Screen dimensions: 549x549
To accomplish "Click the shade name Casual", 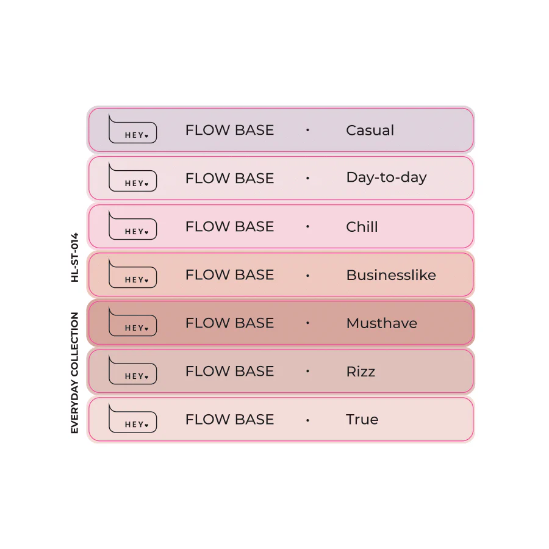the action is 370,131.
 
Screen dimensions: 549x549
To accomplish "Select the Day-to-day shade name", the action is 387,178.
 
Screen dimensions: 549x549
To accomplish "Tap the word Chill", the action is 362,226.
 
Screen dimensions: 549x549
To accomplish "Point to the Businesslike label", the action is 391,275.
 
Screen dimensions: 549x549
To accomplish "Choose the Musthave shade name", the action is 382,323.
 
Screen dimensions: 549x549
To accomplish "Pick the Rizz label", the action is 361,371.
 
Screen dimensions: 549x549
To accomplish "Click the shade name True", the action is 362,420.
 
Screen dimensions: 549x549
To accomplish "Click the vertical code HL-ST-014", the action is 74,257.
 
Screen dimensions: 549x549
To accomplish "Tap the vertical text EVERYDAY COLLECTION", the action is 74,373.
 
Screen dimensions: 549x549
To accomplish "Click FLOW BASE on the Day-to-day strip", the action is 230,178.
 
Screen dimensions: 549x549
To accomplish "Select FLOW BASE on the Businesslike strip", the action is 230,275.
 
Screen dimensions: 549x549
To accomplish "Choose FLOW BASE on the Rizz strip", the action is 230,371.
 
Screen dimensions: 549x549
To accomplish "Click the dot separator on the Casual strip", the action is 308,130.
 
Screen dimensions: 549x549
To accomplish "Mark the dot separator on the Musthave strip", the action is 308,323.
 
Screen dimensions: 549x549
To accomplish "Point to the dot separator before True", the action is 308,420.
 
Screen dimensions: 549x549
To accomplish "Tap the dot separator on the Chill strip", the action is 308,226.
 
